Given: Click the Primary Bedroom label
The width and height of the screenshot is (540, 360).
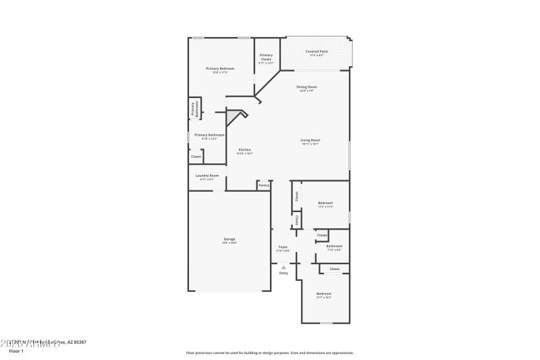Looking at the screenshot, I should (220, 69).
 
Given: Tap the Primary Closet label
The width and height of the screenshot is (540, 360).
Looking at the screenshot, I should (266, 57).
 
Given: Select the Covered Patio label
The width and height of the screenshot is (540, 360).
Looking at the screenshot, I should (317, 51).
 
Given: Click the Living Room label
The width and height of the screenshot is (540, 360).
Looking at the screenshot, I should (310, 140).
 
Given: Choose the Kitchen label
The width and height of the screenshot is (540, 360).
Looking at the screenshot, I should (244, 149).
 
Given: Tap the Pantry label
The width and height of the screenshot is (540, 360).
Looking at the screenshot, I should (263, 184).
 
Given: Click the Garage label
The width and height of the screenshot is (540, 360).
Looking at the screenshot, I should (230, 239).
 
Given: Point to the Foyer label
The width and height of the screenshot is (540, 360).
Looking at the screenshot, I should (283, 247).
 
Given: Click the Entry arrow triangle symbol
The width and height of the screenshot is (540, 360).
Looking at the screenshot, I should (283, 267).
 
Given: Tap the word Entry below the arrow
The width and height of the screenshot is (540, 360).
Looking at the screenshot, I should (283, 273).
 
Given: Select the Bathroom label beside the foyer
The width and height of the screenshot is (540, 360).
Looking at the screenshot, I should (334, 246).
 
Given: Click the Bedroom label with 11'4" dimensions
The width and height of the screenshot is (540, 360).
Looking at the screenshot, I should (325, 203).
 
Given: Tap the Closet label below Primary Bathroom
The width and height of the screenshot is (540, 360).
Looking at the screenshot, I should (196, 157).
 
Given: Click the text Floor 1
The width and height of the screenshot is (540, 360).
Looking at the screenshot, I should (16, 351).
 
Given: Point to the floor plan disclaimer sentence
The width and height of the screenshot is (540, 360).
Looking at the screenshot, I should (269, 353).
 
